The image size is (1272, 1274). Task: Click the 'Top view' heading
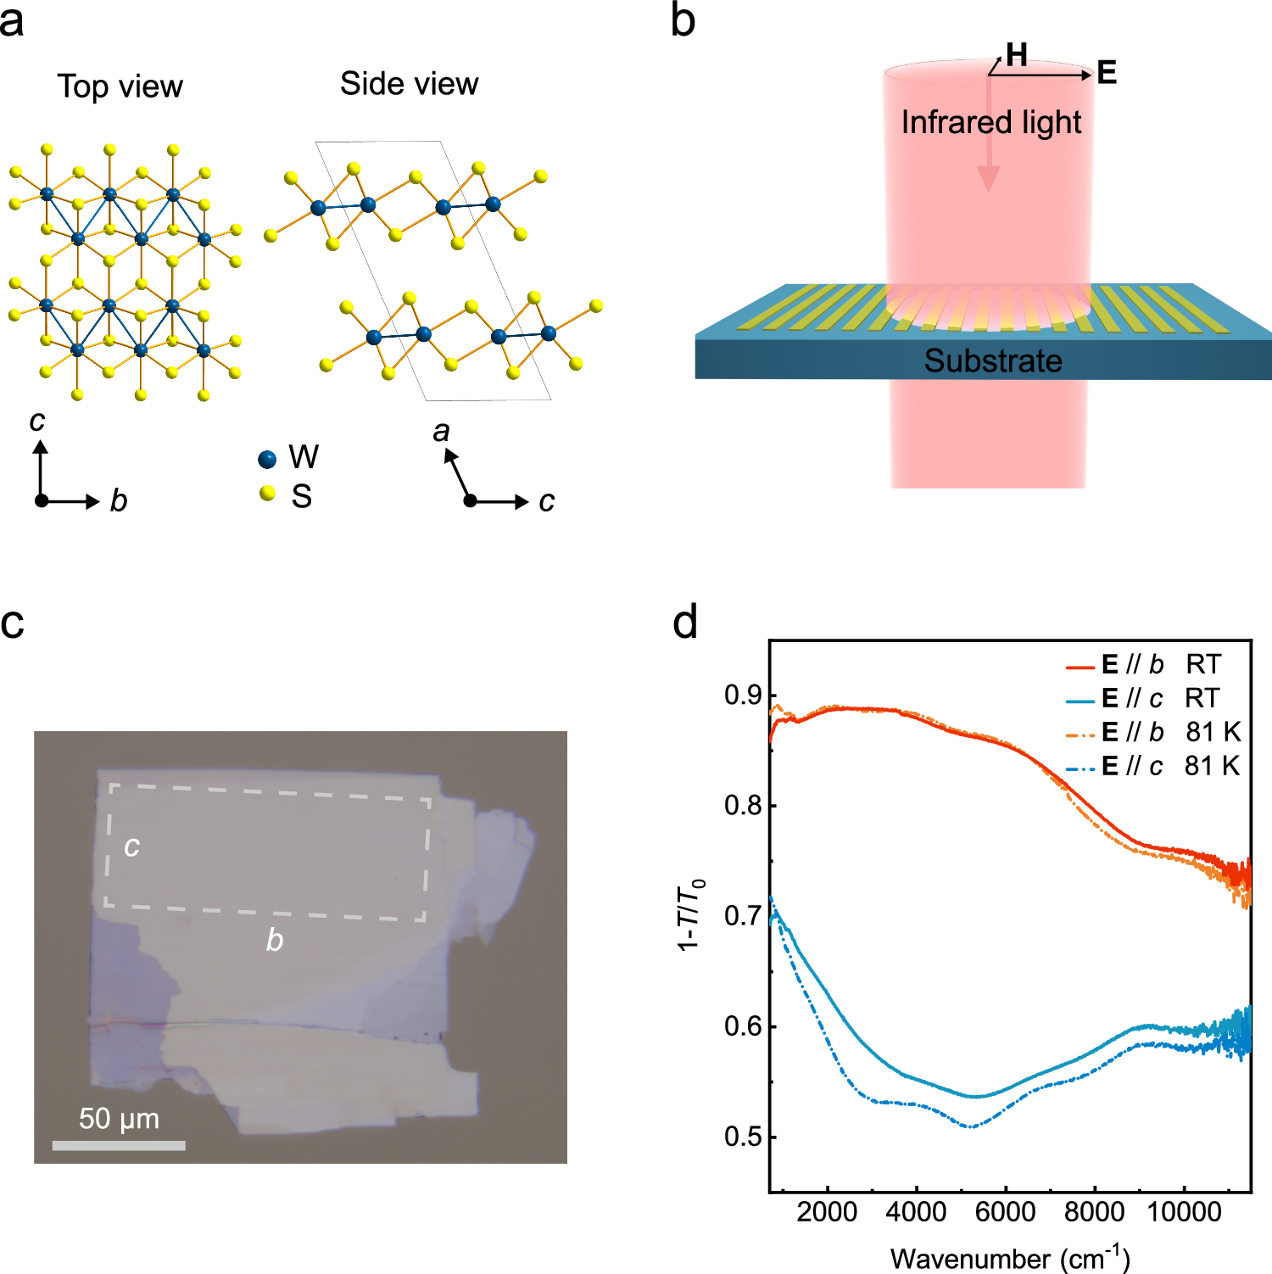pyautogui.click(x=120, y=87)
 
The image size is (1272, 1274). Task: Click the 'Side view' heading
pyautogui.click(x=409, y=84)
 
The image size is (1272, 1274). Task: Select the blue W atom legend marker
pyautogui.click(x=267, y=459)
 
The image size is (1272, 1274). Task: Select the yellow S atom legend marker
pyautogui.click(x=268, y=493)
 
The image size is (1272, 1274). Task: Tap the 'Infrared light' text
pyautogui.click(x=990, y=123)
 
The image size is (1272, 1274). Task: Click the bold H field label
pyautogui.click(x=1017, y=55)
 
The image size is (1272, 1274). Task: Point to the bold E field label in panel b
pyautogui.click(x=1106, y=73)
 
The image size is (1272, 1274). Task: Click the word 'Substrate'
pyautogui.click(x=992, y=360)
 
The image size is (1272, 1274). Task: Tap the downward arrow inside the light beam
pyautogui.click(x=988, y=175)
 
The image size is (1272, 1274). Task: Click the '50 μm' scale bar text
pyautogui.click(x=119, y=1118)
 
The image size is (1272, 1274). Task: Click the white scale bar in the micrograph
pyautogui.click(x=119, y=1145)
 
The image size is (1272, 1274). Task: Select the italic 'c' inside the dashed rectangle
pyautogui.click(x=131, y=846)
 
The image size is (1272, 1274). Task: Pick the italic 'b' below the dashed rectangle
pyautogui.click(x=274, y=940)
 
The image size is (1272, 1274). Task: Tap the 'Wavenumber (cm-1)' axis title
pyautogui.click(x=1009, y=1257)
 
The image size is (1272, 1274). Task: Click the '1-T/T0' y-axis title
pyautogui.click(x=690, y=915)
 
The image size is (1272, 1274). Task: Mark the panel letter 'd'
pyautogui.click(x=684, y=623)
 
